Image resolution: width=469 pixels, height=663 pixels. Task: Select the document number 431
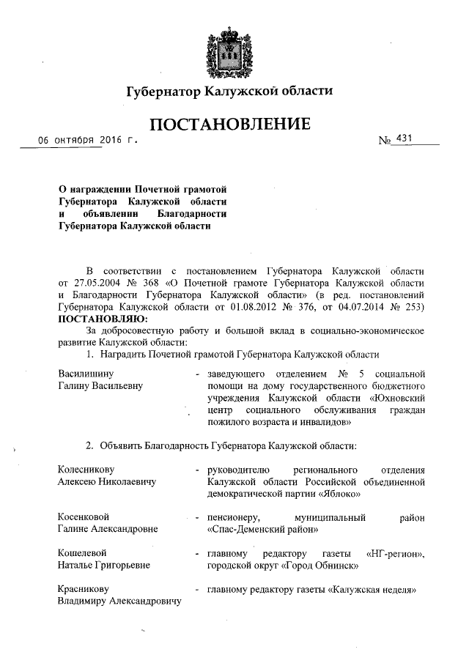click(403, 138)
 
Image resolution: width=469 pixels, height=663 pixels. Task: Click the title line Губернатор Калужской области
click(230, 92)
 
